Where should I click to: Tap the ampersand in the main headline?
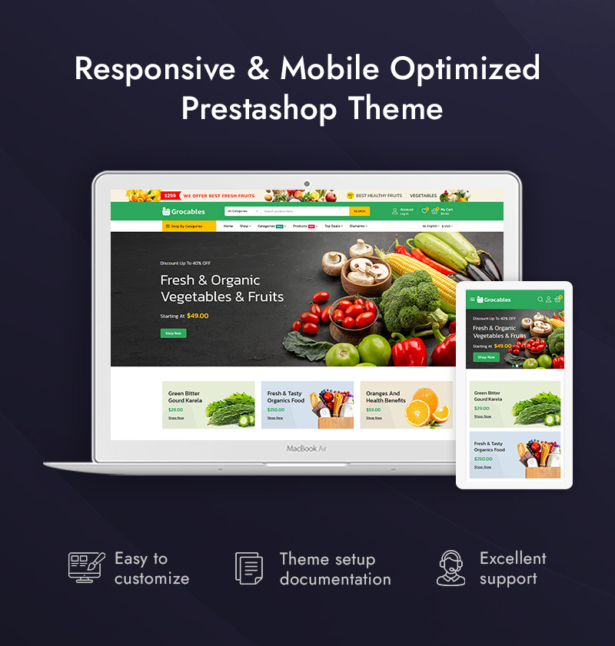point(258,69)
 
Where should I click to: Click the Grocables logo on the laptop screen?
point(184,211)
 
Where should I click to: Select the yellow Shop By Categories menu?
point(188,226)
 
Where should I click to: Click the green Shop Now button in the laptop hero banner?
point(173,333)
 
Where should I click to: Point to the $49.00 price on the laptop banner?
point(198,316)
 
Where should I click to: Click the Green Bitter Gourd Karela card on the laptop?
point(208,405)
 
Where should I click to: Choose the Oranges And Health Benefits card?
point(406,405)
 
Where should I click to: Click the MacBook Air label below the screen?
point(307,449)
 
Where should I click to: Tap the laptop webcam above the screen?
point(307,184)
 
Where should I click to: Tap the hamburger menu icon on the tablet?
point(472,300)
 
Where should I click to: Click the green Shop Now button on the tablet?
point(486,357)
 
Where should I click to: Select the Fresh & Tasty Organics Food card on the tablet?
point(515,455)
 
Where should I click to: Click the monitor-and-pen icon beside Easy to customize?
point(85,568)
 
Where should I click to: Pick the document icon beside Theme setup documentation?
point(248,568)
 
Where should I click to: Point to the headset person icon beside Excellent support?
point(450,568)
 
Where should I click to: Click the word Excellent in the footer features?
point(513,558)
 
